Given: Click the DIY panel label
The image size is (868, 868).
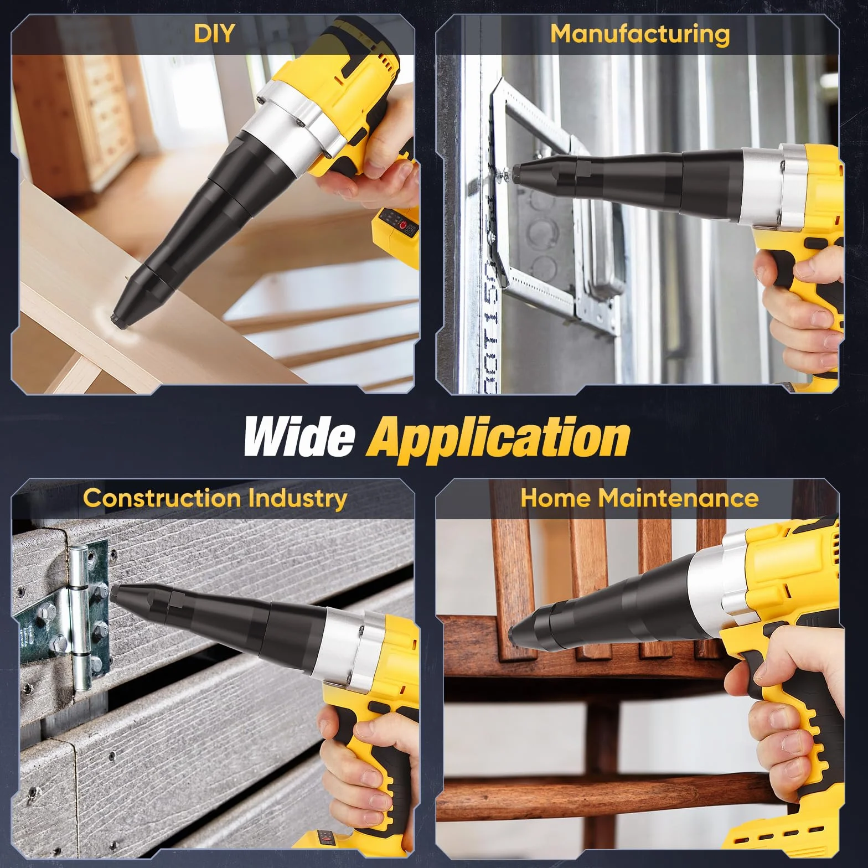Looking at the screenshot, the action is (x=214, y=33).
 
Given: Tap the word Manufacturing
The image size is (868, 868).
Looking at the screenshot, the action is (x=640, y=34).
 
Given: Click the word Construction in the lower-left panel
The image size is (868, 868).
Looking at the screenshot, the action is (x=162, y=498).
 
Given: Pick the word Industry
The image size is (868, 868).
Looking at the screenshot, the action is (x=297, y=498).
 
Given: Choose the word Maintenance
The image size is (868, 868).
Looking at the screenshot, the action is (x=679, y=498).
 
